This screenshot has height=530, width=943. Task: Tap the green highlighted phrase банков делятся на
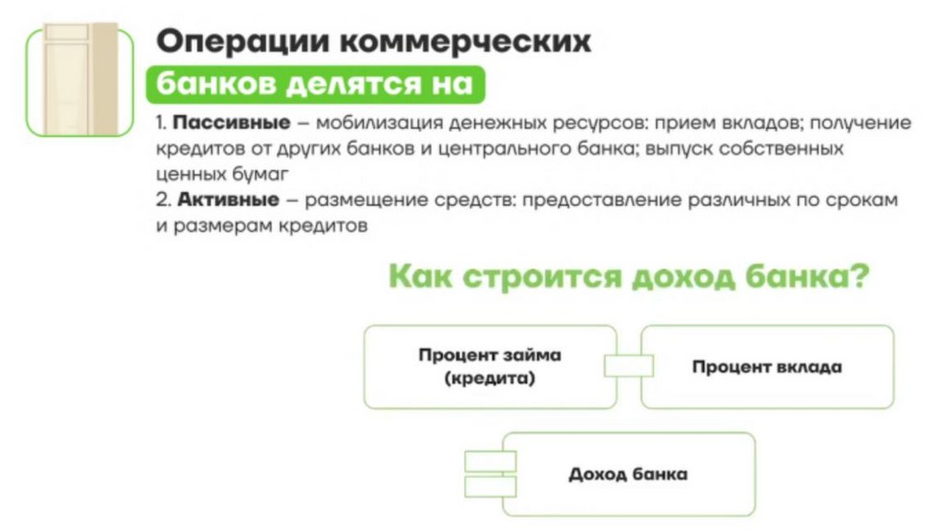point(313,84)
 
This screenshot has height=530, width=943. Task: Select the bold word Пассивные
point(232,123)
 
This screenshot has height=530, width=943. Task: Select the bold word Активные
point(227,199)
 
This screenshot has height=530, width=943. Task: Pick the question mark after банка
point(858,277)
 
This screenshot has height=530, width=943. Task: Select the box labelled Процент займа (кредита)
point(489,366)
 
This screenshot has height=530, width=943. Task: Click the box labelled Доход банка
point(626,475)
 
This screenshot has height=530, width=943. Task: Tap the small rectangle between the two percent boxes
point(628,366)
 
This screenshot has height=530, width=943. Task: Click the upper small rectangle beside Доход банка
point(491,462)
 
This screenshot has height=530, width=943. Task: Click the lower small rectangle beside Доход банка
point(491,486)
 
